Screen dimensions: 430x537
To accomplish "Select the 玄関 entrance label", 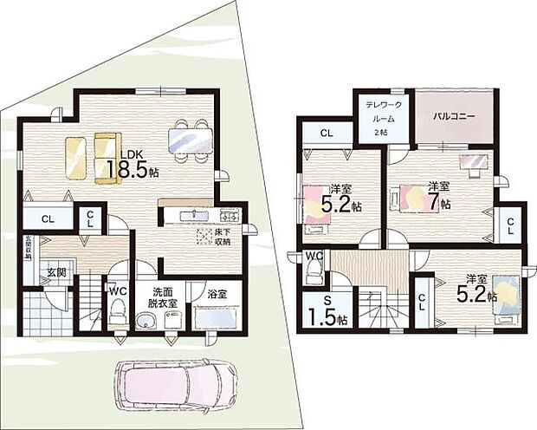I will pos(55,272).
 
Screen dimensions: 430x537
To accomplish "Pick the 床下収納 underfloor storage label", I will pos(223,236).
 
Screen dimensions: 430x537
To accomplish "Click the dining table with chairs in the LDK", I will pos(190,139).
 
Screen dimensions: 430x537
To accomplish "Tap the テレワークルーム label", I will pos(380,113).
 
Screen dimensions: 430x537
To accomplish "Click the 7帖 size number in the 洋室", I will pos(444,205).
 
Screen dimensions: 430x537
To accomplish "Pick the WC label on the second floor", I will pos(314,257).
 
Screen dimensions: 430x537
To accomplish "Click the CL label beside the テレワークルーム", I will pos(326,133).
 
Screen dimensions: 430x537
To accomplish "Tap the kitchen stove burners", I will pos(230,215).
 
